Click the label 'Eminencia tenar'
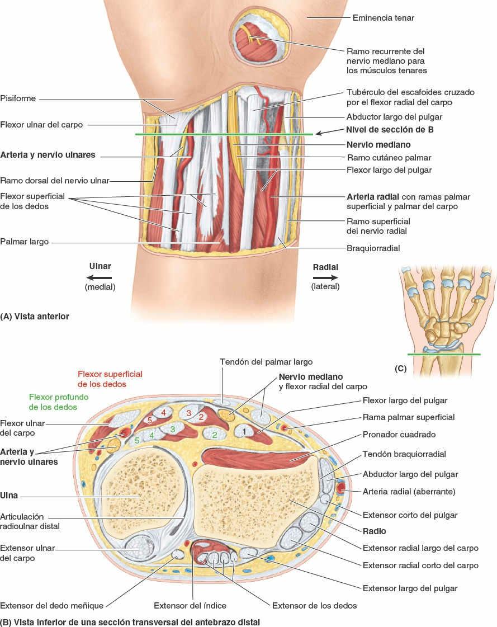click(383, 18)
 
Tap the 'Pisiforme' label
click(18, 98)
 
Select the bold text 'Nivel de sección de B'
click(390, 130)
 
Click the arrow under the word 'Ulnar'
click(100, 277)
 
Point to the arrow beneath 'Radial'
click(325, 277)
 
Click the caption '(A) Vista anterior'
click(35, 316)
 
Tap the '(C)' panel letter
click(400, 369)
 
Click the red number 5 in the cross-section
click(150, 419)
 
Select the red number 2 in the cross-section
click(201, 417)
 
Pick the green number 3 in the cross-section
click(173, 429)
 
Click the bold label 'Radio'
click(374, 531)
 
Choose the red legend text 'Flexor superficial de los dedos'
click(110, 379)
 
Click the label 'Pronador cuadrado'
click(399, 434)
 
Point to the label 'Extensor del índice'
click(190, 605)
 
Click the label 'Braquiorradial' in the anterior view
click(373, 248)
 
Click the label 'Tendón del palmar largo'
click(266, 362)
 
